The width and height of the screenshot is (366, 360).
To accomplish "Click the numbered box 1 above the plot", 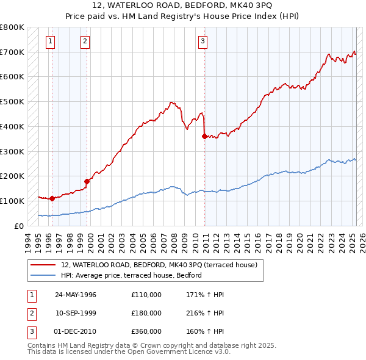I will click(x=49, y=41).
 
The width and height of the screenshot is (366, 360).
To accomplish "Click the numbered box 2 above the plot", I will click(x=85, y=41).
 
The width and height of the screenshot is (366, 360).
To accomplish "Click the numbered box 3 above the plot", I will click(x=202, y=41).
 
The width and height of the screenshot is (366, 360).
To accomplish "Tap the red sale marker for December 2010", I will click(x=204, y=136).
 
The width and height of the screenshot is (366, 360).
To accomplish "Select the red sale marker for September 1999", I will click(x=87, y=181).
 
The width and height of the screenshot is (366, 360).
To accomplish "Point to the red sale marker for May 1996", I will click(x=52, y=198).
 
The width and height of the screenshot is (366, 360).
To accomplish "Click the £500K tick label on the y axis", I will click(x=12, y=101).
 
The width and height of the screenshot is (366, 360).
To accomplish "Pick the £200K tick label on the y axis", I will click(x=12, y=176).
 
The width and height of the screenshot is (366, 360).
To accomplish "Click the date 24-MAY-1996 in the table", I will click(x=76, y=295).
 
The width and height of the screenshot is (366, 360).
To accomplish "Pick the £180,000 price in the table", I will click(x=146, y=313).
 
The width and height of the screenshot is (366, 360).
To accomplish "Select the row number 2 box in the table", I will click(x=30, y=313).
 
